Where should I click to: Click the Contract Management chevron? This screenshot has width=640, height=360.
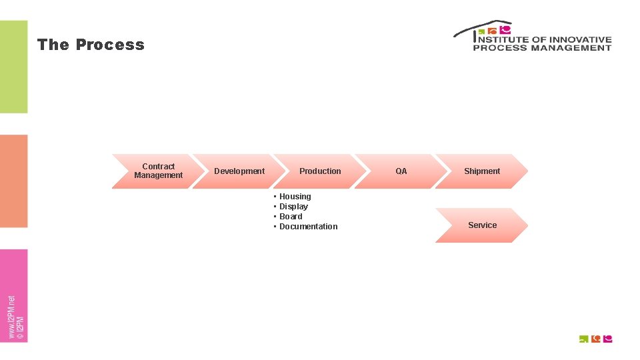[158, 171]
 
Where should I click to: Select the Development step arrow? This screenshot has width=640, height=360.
[239, 171]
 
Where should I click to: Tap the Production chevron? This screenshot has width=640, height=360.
[320, 171]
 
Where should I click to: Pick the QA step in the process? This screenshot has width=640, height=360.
[401, 171]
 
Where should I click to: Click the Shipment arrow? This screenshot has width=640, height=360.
[481, 171]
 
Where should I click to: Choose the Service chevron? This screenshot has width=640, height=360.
[482, 225]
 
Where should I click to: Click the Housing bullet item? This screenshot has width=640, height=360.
[295, 197]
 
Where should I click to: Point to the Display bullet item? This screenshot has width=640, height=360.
[293, 207]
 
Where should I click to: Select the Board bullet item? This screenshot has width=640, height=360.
[291, 217]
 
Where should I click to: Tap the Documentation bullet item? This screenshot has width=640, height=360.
[308, 227]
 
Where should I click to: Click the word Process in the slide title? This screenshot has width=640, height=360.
[110, 45]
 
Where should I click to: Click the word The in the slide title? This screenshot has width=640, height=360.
[53, 45]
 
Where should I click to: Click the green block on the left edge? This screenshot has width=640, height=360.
[14, 67]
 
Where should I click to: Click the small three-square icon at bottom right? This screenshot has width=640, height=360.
[595, 339]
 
